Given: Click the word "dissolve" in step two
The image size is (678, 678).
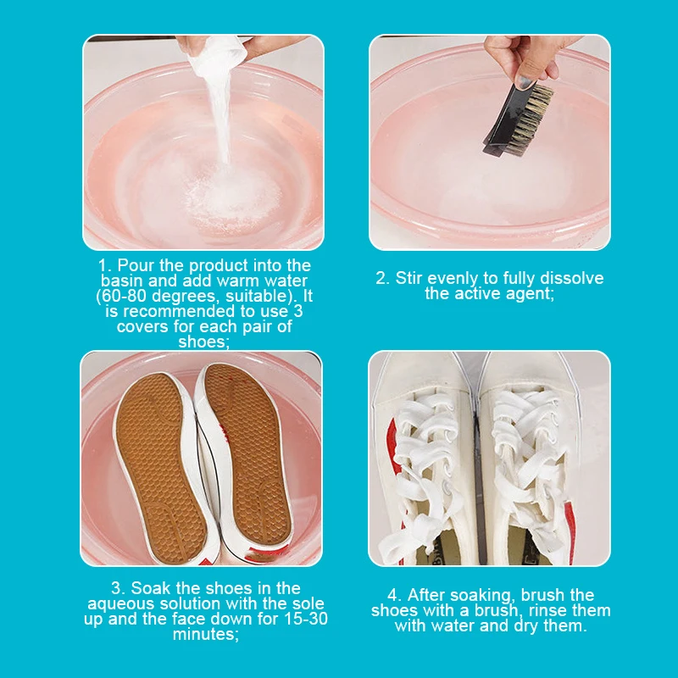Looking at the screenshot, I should click(575, 278).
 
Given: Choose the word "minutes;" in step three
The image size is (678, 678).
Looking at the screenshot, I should click(204, 634).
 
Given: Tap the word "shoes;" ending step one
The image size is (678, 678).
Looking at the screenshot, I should click(204, 342).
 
